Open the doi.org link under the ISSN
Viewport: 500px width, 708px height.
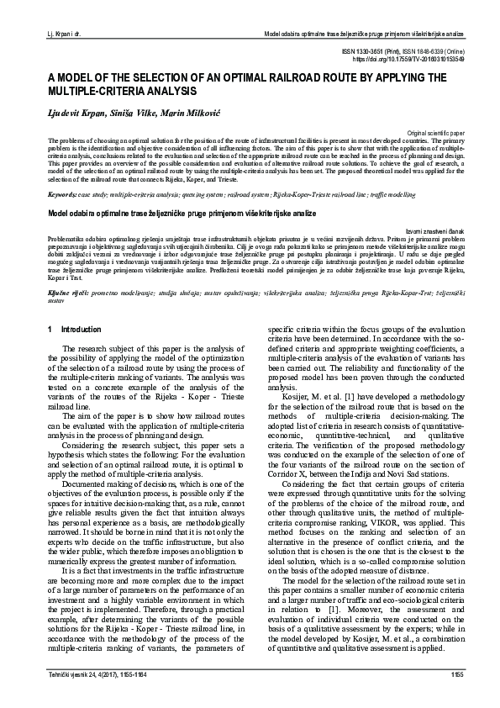click(420, 61)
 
